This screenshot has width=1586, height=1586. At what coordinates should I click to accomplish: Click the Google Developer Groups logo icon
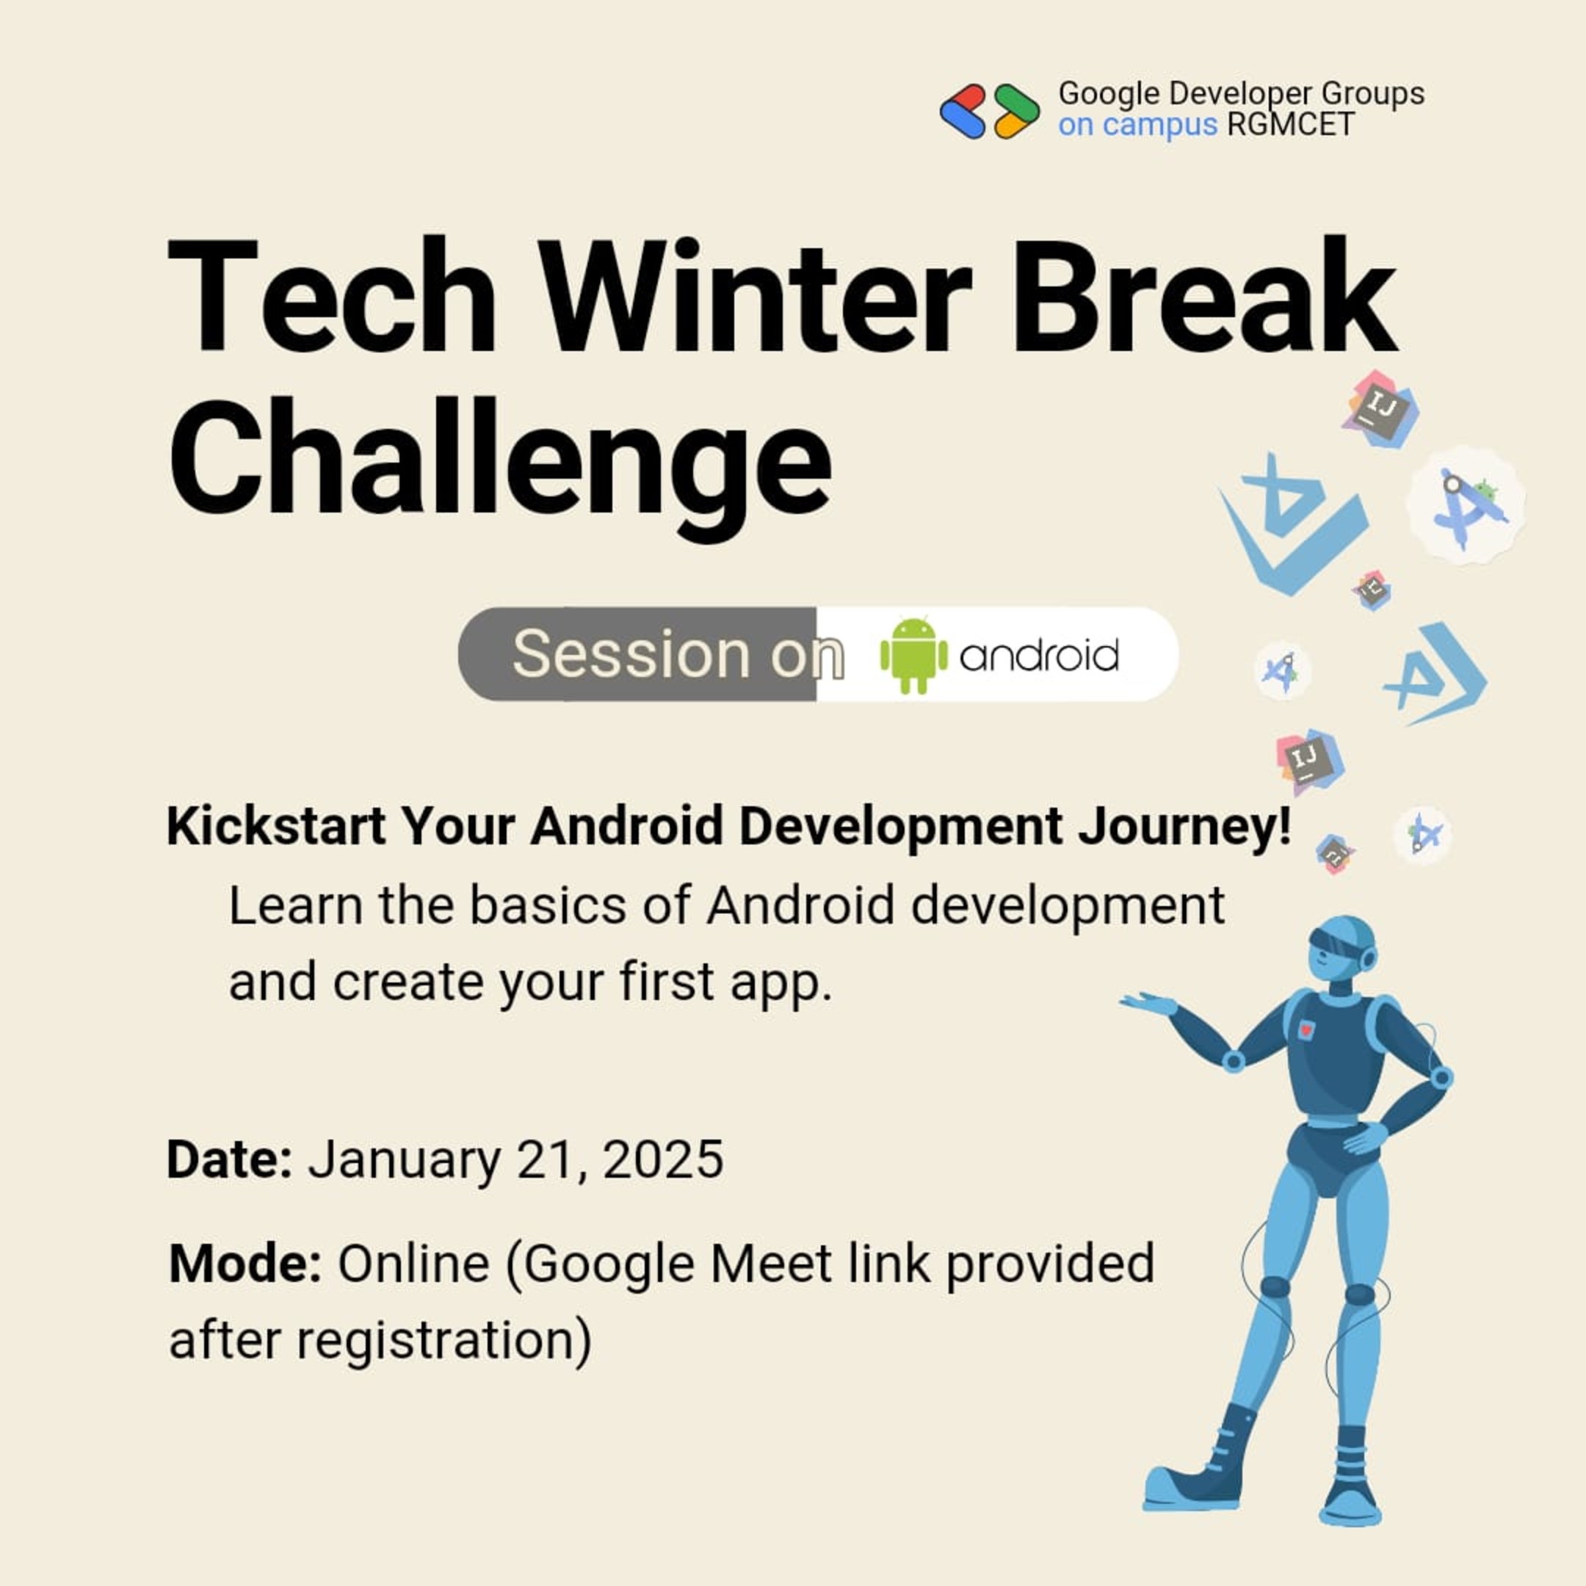pos(989,112)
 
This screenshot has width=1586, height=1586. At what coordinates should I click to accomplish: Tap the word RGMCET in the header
pos(1289,126)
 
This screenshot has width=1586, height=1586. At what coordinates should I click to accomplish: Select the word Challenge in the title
pos(500,460)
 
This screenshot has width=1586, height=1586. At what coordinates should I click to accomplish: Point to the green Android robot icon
pos(913,654)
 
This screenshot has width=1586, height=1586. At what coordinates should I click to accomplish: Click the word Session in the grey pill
pos(631,654)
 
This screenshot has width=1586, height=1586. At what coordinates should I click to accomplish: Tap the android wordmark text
pos(1038,656)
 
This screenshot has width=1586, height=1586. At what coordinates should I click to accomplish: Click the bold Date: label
pos(229,1159)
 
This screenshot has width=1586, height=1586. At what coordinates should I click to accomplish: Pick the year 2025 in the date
pos(663,1159)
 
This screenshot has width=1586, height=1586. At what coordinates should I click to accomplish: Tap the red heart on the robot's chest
pos(1305,1029)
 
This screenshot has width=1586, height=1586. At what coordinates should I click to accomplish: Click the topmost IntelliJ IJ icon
pos(1380,409)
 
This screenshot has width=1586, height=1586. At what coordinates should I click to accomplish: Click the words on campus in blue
pos(1137,126)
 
